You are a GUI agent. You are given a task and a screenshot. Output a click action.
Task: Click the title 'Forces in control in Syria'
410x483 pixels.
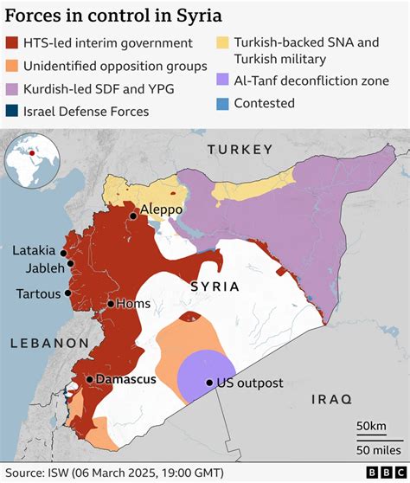coord(113,16)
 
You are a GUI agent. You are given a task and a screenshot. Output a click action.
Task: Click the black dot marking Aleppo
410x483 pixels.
coord(132,216)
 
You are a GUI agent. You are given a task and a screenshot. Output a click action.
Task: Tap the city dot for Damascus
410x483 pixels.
coord(89,379)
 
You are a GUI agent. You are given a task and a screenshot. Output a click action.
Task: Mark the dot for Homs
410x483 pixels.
coord(111,303)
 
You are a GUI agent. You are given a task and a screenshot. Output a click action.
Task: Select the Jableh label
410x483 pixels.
coord(42,267)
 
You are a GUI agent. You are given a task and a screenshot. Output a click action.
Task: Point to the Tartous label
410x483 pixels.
coord(39,293)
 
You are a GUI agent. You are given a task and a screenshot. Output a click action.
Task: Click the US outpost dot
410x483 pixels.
coord(209,383)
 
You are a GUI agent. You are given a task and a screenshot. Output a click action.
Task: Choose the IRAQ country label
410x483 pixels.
coord(333,399)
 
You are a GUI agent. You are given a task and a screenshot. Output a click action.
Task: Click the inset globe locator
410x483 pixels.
coord(29,160)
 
